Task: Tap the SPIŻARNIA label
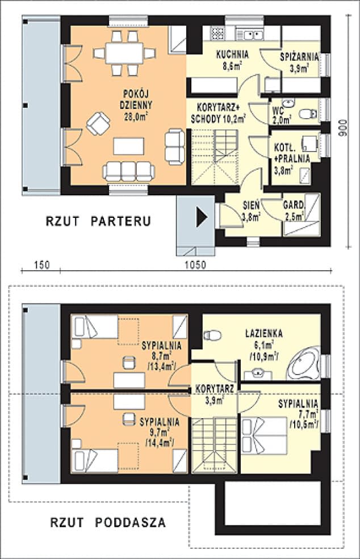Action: pyautogui.click(x=298, y=57)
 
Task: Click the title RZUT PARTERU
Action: pyautogui.click(x=98, y=221)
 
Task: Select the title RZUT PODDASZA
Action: pyautogui.click(x=108, y=522)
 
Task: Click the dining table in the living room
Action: pyautogui.click(x=124, y=53)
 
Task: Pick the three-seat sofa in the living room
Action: pyautogui.click(x=128, y=171)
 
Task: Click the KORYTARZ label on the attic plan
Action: pyautogui.click(x=214, y=389)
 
